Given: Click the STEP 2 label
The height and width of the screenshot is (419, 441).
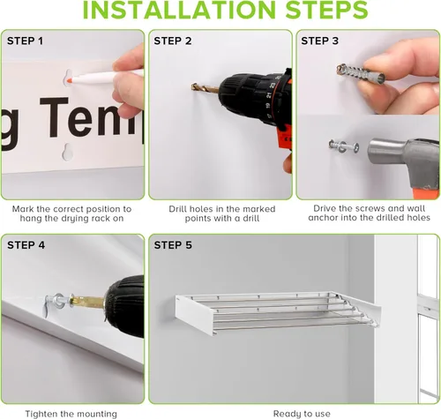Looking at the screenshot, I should (x=173, y=41).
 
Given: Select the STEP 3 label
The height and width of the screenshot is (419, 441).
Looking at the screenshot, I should (x=320, y=41).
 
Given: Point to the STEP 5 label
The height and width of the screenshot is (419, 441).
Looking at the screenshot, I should (x=173, y=245).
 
